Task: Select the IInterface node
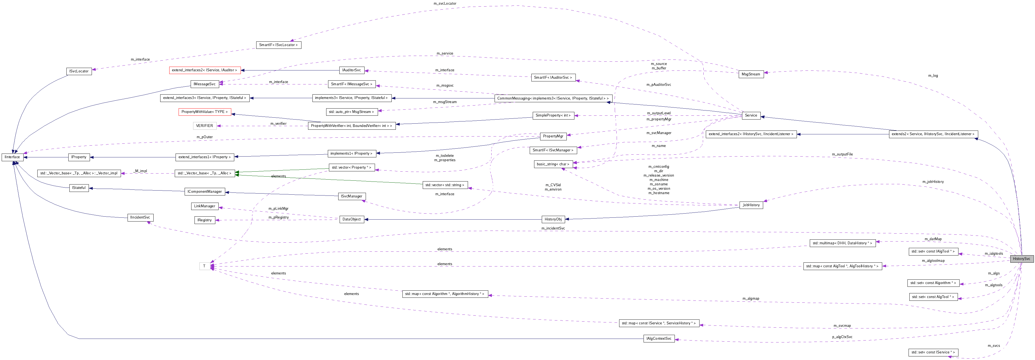click(x=12, y=157)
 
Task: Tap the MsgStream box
click(x=751, y=74)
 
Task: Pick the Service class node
click(x=751, y=115)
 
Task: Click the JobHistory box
click(x=751, y=205)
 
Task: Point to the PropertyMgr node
click(x=553, y=136)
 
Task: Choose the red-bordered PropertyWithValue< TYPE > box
click(x=205, y=112)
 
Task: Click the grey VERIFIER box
click(x=205, y=126)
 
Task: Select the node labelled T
click(x=205, y=266)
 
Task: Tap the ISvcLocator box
click(x=79, y=71)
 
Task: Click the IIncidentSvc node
click(x=140, y=217)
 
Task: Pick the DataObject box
click(x=352, y=219)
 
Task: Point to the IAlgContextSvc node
click(x=659, y=339)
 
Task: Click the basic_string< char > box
click(x=553, y=164)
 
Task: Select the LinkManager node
click(x=205, y=206)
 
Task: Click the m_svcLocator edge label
click(x=445, y=4)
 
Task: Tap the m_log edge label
click(x=933, y=75)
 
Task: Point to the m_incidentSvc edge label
click(x=553, y=228)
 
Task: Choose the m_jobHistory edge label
click(x=933, y=182)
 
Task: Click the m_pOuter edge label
click(x=205, y=137)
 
